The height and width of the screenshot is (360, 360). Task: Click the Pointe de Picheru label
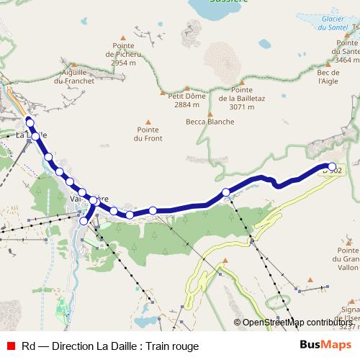[123, 58]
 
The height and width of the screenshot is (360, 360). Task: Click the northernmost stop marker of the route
[30, 122]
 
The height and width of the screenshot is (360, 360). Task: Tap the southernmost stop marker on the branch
[84, 221]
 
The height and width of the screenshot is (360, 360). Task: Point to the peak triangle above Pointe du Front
[149, 122]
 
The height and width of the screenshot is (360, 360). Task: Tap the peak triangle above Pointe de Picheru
[123, 37]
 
